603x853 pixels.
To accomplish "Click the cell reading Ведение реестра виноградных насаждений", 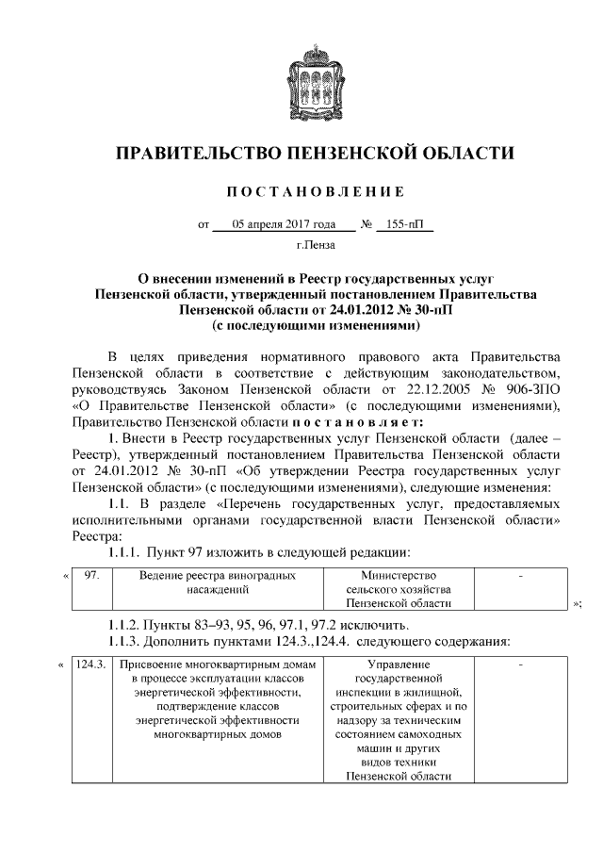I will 218,582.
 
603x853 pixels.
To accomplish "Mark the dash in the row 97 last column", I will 520,575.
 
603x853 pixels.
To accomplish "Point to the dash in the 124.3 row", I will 520,665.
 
